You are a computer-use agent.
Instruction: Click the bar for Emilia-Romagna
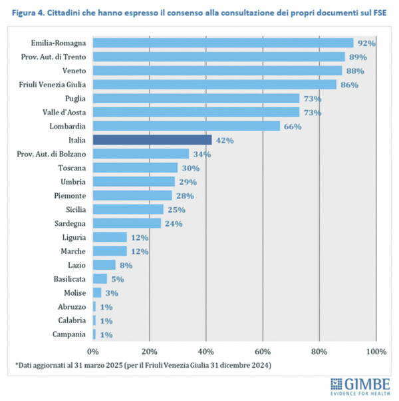tap(223, 43)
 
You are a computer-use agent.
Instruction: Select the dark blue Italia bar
tap(152, 140)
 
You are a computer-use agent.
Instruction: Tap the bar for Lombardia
tap(186, 126)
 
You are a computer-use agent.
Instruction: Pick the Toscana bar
tap(135, 168)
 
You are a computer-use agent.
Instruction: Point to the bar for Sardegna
tap(126, 223)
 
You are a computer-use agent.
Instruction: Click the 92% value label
tap(366, 43)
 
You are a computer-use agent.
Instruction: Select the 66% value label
tap(292, 126)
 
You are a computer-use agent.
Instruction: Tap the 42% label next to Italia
tap(223, 140)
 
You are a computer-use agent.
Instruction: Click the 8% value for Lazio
tap(124, 265)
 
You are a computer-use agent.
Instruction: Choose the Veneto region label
tap(74, 71)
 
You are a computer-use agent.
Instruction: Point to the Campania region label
tap(70, 334)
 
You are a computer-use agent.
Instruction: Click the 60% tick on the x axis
tap(263, 351)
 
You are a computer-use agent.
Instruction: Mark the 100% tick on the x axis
tap(376, 351)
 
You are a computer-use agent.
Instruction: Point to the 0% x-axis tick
tap(93, 351)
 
